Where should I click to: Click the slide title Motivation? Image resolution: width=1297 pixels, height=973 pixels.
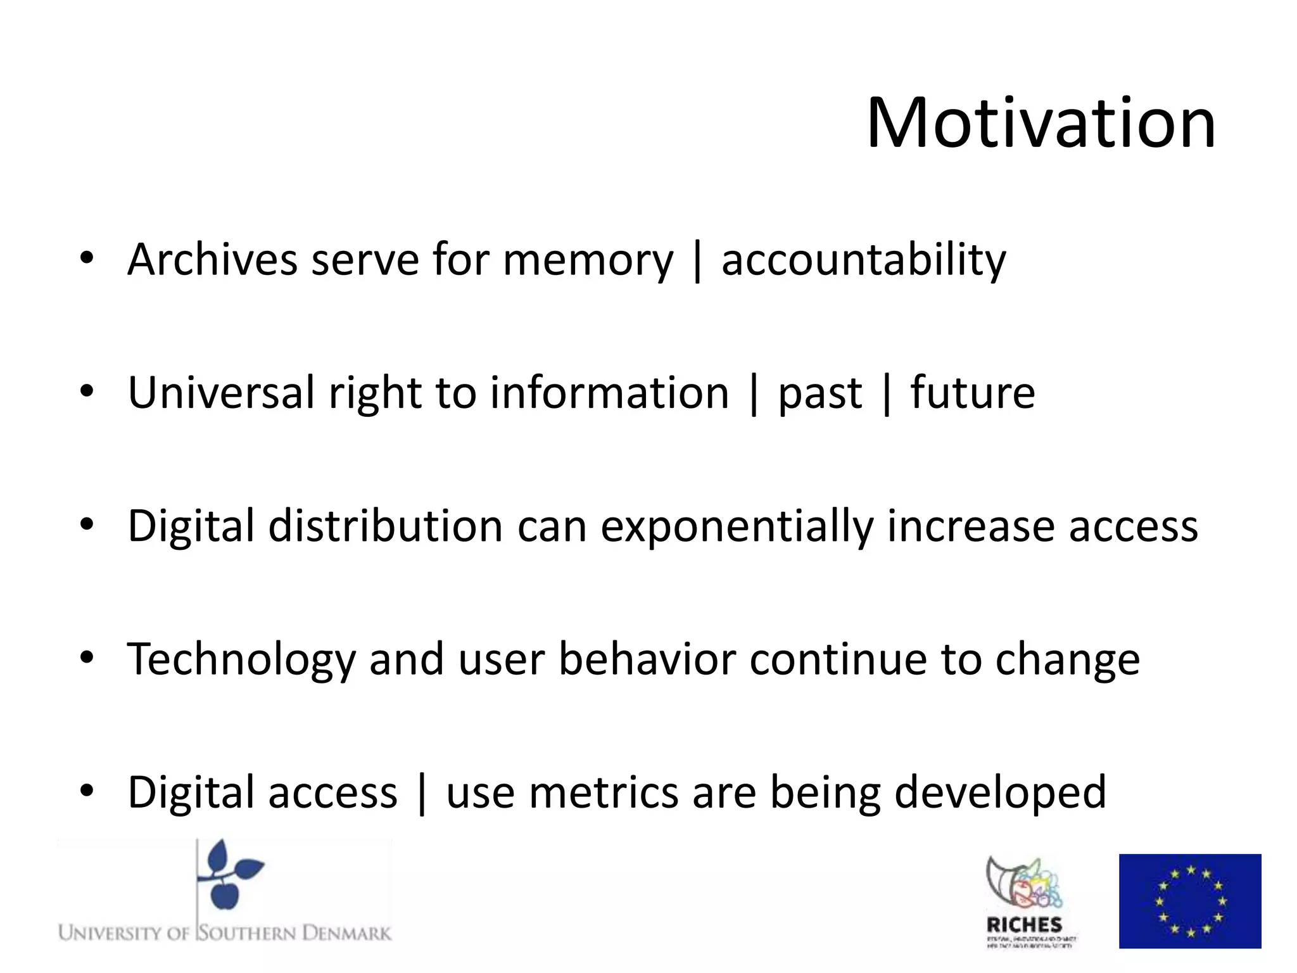pos(1041,124)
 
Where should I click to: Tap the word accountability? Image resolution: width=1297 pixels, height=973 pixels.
pos(863,260)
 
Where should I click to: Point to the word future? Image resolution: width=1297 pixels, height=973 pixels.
pos(973,393)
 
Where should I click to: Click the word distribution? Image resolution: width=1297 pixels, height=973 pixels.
pos(385,526)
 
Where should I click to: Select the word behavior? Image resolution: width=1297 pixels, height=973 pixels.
pos(647,659)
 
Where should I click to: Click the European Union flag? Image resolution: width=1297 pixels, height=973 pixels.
pos(1189,901)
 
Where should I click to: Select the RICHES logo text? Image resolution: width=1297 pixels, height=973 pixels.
pos(1024,925)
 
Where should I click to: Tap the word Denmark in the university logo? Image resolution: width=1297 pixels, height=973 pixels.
pos(346,933)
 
